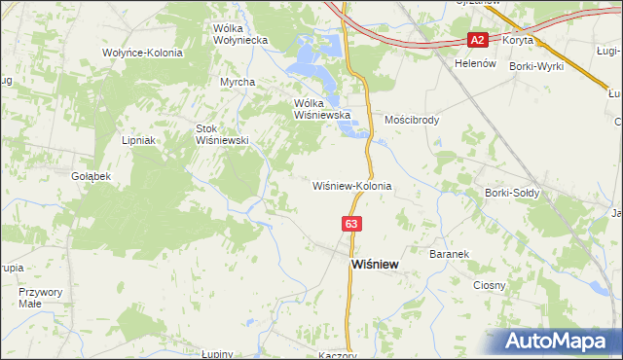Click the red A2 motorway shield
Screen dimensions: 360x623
point(477,41)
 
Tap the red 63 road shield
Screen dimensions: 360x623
point(351,224)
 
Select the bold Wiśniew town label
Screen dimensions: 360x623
point(374,265)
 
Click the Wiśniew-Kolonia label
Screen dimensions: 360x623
point(351,185)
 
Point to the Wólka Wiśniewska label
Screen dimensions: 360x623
point(321,108)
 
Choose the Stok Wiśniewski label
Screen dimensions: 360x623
point(224,133)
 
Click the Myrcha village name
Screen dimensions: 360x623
point(238,83)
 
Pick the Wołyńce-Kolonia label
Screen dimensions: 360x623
point(142,53)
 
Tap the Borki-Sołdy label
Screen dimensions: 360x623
point(511,193)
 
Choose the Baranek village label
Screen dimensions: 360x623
point(449,254)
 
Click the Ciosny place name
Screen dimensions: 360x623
point(489,285)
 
